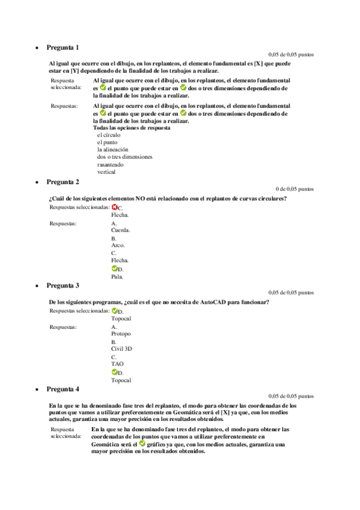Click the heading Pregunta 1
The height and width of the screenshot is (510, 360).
(x=63, y=47)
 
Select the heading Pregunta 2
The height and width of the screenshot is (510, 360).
(x=63, y=182)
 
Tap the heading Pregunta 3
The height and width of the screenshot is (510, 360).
(x=63, y=285)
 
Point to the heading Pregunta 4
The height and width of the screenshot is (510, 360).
(x=63, y=389)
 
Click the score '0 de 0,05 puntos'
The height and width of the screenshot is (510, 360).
(x=294, y=189)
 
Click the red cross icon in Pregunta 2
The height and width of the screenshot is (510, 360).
(x=114, y=207)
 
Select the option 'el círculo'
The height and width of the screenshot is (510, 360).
(x=109, y=135)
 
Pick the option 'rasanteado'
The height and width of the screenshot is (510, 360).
(x=111, y=164)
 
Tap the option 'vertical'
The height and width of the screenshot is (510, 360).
(x=106, y=171)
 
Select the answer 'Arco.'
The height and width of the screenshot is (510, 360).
(x=118, y=246)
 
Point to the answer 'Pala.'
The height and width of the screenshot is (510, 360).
(x=118, y=277)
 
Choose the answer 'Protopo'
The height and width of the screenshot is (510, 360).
(x=121, y=334)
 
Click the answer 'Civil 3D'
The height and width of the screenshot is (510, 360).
(x=122, y=349)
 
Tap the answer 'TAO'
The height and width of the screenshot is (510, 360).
(x=117, y=364)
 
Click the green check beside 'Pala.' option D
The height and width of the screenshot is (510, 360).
(x=114, y=269)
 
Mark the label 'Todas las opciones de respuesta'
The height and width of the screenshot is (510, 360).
(x=132, y=127)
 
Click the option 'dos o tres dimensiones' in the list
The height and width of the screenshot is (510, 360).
(x=125, y=157)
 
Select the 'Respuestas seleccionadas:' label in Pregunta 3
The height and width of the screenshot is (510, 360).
(x=79, y=311)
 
